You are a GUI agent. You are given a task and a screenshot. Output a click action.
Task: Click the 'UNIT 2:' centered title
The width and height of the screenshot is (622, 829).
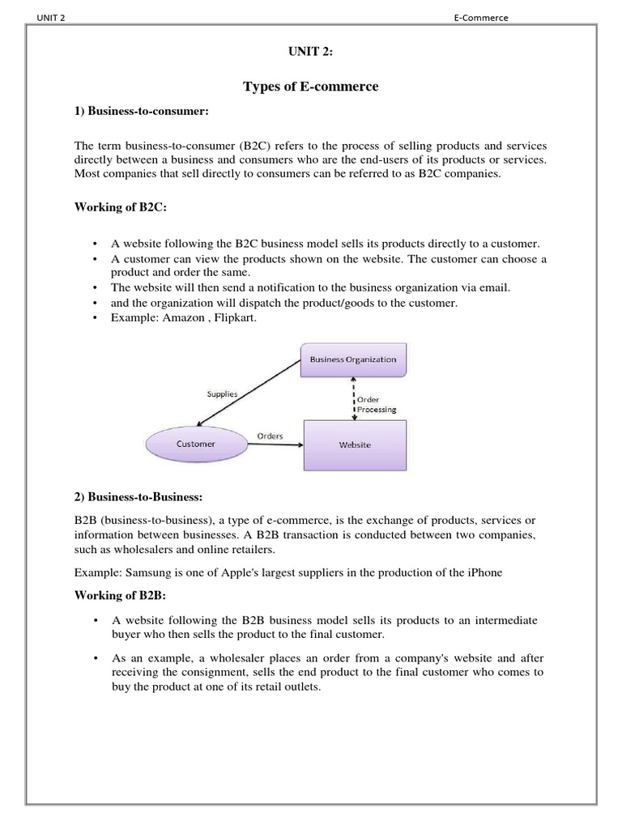coord(310,53)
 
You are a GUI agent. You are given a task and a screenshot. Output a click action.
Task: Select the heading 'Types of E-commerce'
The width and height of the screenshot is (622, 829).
coord(310,87)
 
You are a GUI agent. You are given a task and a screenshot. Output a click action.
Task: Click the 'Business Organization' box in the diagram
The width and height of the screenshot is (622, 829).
coord(352,359)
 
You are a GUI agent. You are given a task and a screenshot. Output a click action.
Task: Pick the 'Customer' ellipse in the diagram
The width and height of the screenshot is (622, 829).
coord(196,444)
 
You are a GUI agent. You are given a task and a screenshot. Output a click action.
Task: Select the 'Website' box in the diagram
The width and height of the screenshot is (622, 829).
coord(355,444)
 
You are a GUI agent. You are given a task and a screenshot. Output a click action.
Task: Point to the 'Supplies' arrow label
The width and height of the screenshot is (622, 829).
coord(221,394)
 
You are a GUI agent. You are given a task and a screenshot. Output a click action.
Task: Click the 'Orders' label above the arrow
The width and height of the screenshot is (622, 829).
coord(270,436)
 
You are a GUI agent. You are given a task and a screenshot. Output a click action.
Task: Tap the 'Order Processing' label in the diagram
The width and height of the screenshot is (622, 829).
coord(377,404)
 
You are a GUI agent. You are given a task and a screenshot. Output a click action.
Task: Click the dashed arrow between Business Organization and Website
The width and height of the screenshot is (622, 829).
coord(353,398)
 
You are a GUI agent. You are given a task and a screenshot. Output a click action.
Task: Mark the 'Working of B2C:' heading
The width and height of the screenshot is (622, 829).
coord(121,208)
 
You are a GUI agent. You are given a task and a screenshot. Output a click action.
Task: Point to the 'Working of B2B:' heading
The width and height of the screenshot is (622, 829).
coord(120,596)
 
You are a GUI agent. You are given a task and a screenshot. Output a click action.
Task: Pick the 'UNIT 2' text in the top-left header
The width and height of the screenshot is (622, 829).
coord(49,18)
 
